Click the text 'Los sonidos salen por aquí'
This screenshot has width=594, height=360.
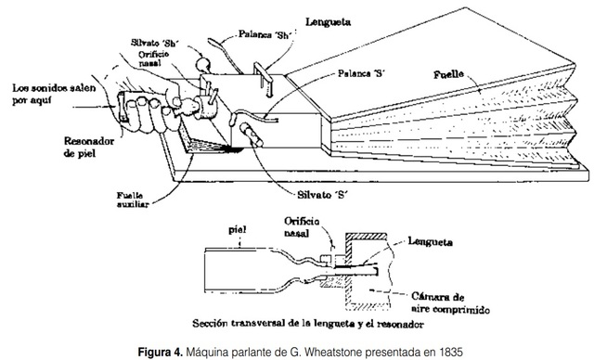pos(44,95)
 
